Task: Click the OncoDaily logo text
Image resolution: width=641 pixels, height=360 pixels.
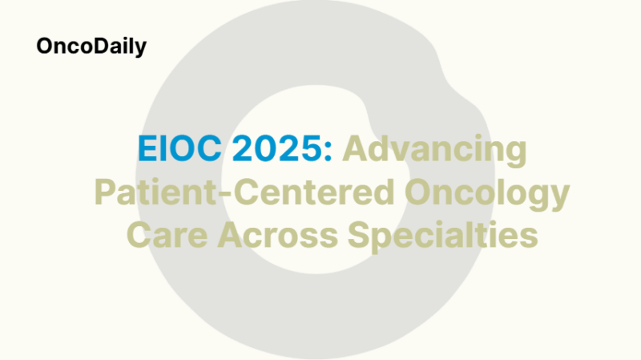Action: point(91,47)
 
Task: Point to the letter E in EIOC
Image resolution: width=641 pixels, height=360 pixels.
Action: point(144,152)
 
